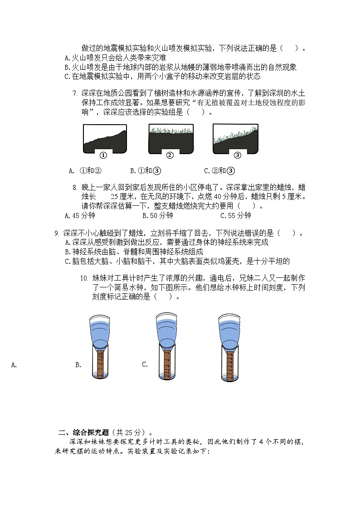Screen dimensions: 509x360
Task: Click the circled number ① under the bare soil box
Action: click(103, 155)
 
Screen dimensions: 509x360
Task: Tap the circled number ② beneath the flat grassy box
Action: click(170, 155)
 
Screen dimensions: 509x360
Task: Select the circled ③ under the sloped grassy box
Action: click(237, 155)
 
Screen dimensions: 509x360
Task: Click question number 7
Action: click(75, 93)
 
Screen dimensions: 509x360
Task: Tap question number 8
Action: click(75, 187)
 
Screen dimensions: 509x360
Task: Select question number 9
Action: click(57, 233)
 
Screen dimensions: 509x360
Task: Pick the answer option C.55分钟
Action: click(235, 216)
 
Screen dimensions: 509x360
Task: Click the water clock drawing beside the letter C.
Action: click(166, 347)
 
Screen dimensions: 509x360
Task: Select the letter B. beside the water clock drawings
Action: click(78, 364)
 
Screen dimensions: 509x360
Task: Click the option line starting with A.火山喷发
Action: click(115, 58)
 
